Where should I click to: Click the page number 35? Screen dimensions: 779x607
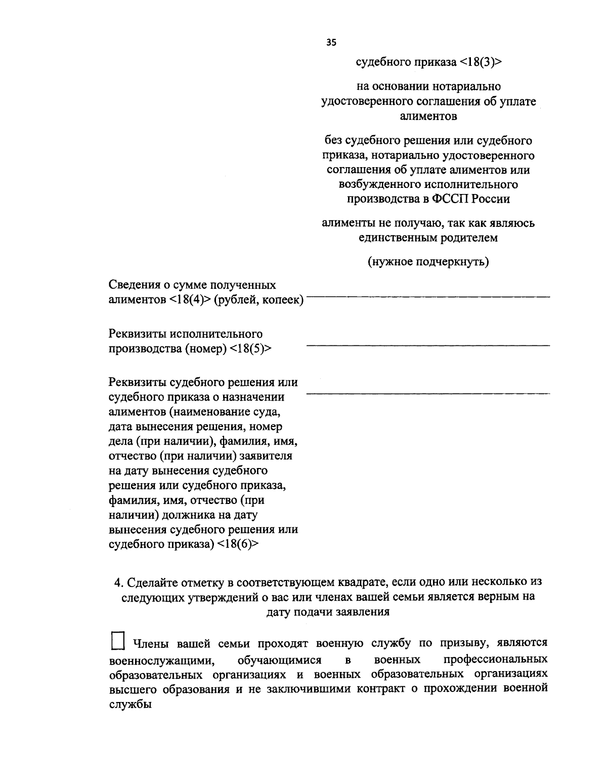[x=331, y=43]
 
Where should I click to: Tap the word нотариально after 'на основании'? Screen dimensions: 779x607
[x=469, y=87]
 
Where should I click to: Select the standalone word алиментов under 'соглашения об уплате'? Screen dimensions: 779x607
[x=428, y=116]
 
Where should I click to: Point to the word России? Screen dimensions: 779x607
[x=490, y=199]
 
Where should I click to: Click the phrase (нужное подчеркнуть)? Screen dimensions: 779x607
[x=428, y=262]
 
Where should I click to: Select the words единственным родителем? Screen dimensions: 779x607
[x=428, y=238]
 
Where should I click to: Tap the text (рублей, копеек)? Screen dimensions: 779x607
[x=258, y=300]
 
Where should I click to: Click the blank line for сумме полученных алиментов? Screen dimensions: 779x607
[x=428, y=296]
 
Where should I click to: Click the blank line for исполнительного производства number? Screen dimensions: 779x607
[x=428, y=345]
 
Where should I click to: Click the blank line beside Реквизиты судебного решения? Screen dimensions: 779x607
[x=428, y=393]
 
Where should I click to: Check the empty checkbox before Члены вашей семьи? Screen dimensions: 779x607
[x=117, y=641]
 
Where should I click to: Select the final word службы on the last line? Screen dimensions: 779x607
[x=131, y=705]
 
